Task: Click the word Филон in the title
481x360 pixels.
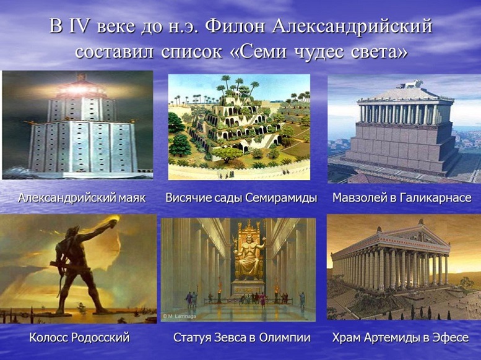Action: (x=235, y=26)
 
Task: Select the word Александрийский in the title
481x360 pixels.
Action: (x=352, y=27)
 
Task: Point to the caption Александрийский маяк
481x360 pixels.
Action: (x=82, y=198)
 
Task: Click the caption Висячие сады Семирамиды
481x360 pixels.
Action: (x=241, y=198)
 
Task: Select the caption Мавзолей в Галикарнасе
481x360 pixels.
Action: (x=402, y=198)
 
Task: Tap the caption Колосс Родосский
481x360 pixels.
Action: (x=79, y=338)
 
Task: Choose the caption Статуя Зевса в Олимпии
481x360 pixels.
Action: (x=241, y=338)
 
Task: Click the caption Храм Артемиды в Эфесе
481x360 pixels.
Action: (x=401, y=338)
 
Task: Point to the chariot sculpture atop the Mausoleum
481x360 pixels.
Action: (x=409, y=84)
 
